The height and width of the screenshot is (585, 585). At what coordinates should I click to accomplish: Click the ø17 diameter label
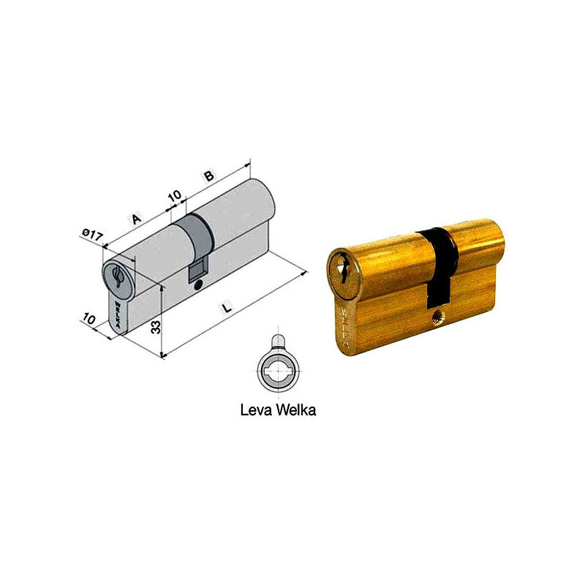[x=93, y=235]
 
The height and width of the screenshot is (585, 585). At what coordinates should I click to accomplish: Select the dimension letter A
[x=135, y=218]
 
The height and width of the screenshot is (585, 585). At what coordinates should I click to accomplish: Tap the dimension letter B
[x=208, y=176]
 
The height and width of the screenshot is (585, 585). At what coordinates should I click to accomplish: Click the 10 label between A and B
[x=174, y=196]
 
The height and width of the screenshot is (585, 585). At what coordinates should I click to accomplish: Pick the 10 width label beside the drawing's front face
[x=89, y=319]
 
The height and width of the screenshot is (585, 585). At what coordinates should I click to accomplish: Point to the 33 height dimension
[x=154, y=326]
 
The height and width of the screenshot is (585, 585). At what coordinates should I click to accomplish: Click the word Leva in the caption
[x=255, y=410]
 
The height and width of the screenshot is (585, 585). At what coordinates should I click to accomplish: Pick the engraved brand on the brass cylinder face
[x=347, y=322]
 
